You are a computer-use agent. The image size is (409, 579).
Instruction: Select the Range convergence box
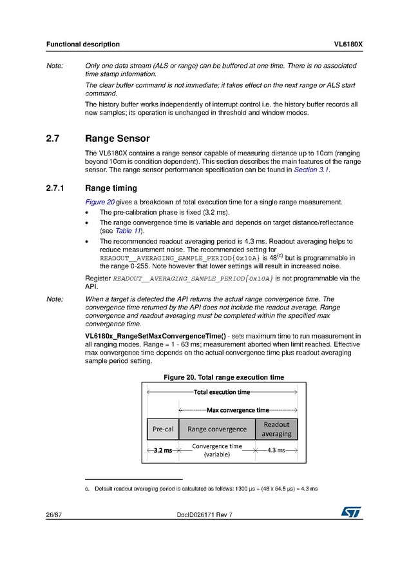216,429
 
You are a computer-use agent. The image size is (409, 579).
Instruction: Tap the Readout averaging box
276,429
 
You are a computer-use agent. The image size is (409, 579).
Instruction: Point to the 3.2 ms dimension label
162,450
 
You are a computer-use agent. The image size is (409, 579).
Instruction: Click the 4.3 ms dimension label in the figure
276,450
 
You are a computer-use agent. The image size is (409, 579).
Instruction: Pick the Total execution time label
222,392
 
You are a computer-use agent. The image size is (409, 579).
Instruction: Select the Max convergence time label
237,410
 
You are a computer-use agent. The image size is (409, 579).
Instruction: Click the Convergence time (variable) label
216,450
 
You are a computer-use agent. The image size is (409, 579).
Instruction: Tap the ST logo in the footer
351,511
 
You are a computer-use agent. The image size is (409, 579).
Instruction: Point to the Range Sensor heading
117,139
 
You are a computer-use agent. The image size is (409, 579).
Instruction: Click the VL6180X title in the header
348,44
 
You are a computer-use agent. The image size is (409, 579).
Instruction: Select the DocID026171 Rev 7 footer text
204,513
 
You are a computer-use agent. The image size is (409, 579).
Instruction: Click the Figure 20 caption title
224,377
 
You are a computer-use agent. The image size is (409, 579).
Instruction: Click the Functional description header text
82,44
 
